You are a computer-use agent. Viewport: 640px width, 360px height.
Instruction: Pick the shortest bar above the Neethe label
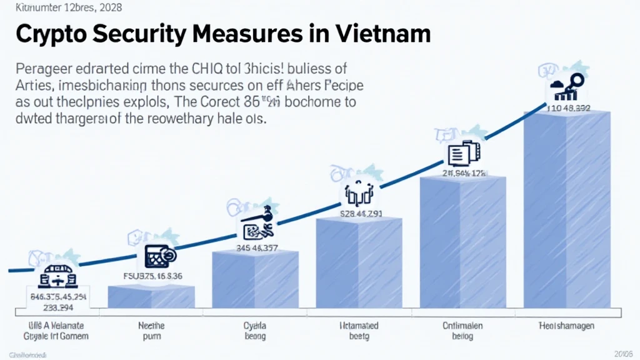coord(151,296)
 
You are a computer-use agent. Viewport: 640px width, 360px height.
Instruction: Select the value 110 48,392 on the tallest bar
coord(568,107)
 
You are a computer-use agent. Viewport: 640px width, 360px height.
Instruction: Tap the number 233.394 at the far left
coord(57,308)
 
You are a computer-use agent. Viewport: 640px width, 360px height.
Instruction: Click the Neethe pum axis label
coord(151,331)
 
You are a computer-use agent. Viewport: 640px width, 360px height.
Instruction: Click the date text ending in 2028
coord(61,7)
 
